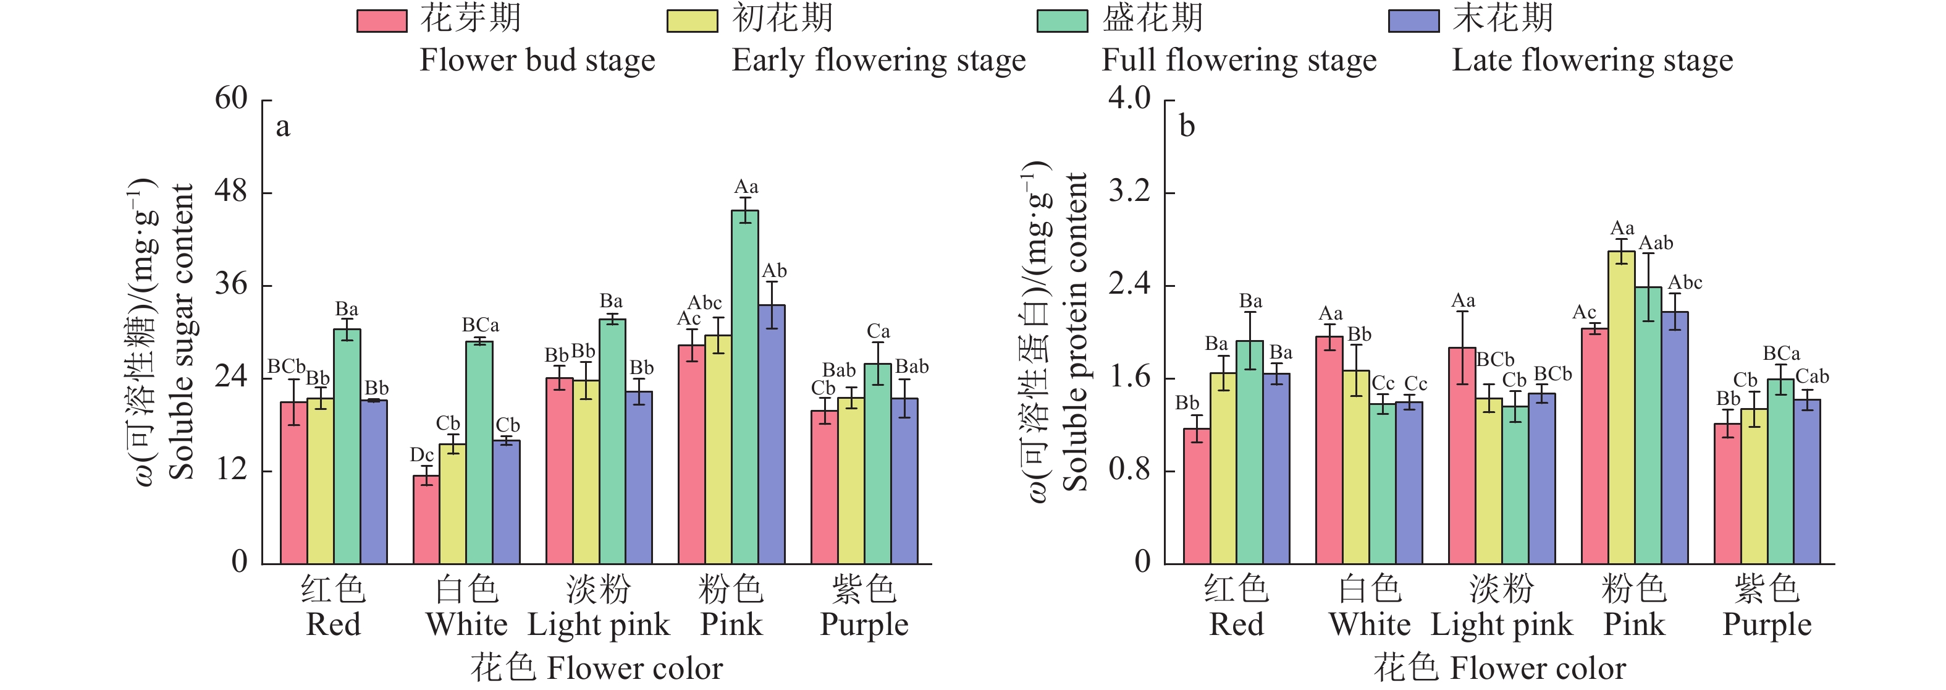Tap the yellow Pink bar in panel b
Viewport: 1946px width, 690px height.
pyautogui.click(x=1621, y=407)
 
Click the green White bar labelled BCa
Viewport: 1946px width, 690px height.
pyautogui.click(x=479, y=453)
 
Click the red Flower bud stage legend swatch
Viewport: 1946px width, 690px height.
pyautogui.click(x=382, y=20)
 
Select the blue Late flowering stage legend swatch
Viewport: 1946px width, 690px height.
pyautogui.click(x=1413, y=20)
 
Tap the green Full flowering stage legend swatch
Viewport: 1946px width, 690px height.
pyautogui.click(x=1062, y=20)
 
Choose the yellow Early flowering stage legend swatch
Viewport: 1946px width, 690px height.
pyautogui.click(x=692, y=20)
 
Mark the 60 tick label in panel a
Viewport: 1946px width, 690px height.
pyautogui.click(x=231, y=99)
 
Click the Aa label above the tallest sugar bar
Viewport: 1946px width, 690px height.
pyautogui.click(x=746, y=187)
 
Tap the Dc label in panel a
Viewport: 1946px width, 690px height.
pyautogui.click(x=421, y=455)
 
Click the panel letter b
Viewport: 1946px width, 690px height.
pyautogui.click(x=1187, y=127)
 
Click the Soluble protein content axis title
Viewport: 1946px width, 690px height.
pyautogui.click(x=1074, y=333)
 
